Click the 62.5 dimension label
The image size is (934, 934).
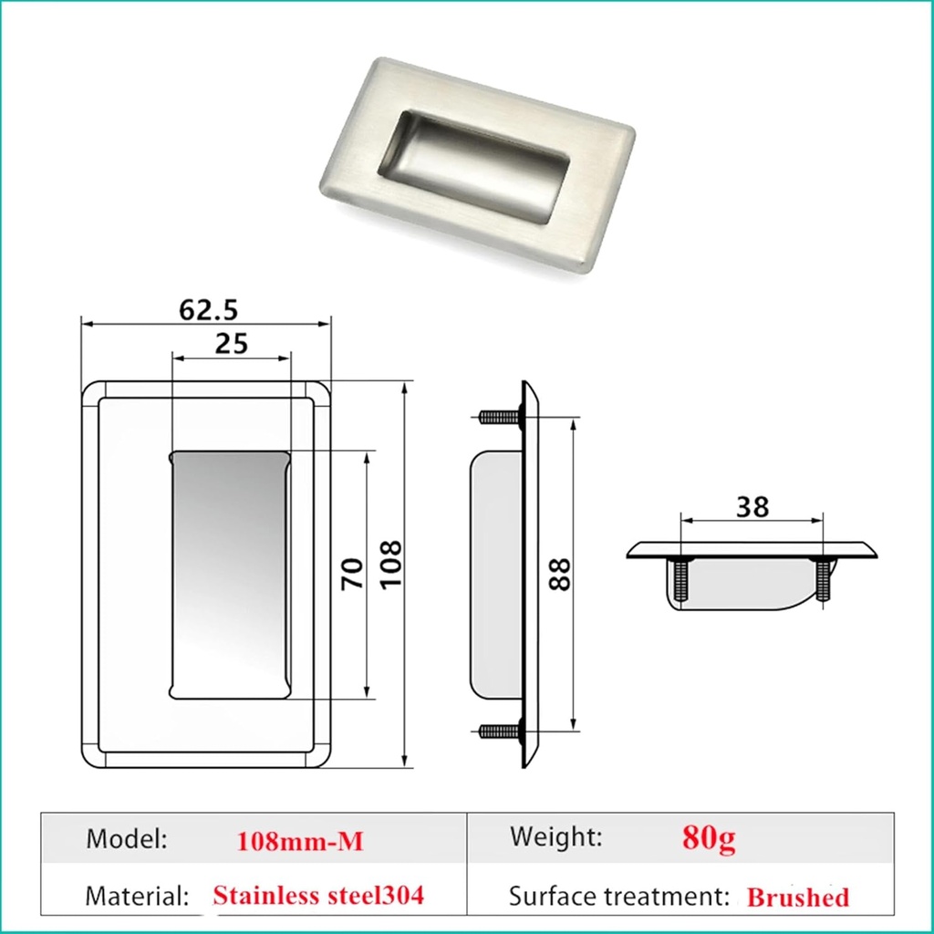click(x=208, y=309)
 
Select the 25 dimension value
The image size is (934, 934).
click(x=231, y=344)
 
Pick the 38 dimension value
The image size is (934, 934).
click(x=752, y=507)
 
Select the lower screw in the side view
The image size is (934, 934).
click(x=498, y=731)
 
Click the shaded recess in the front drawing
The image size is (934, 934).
click(x=230, y=575)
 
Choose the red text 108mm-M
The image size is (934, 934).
click(x=299, y=841)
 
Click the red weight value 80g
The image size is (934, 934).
click(x=709, y=837)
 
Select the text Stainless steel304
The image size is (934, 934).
click(x=318, y=895)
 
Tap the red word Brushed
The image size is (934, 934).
click(x=797, y=898)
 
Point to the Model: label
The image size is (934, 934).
click(x=127, y=839)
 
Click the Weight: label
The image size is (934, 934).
click(x=555, y=836)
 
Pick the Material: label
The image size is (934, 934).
click(x=137, y=895)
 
